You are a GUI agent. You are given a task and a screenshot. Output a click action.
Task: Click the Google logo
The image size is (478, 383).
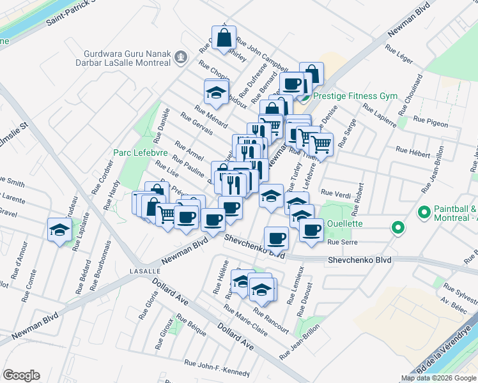coord(21,375)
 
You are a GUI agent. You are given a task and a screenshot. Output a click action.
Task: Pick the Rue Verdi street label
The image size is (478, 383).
coord(336,193)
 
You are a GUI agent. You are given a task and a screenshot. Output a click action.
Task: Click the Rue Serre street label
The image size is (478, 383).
coord(341,243)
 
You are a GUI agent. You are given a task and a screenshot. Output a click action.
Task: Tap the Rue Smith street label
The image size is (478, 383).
coord(12,184)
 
